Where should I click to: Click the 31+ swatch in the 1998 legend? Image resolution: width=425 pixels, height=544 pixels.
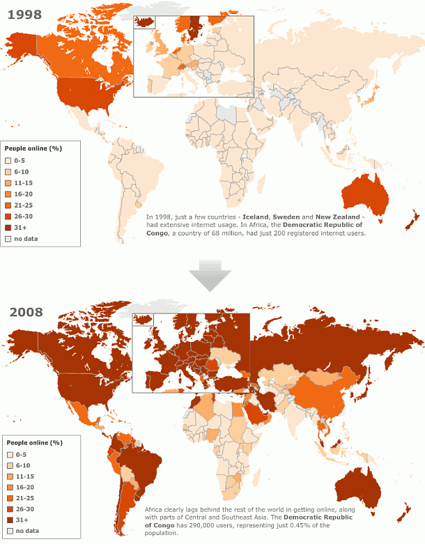(x=8, y=227)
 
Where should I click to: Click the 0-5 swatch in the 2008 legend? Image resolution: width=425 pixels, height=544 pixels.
(x=10, y=453)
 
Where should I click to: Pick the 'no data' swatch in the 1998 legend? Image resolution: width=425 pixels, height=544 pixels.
(x=8, y=238)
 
